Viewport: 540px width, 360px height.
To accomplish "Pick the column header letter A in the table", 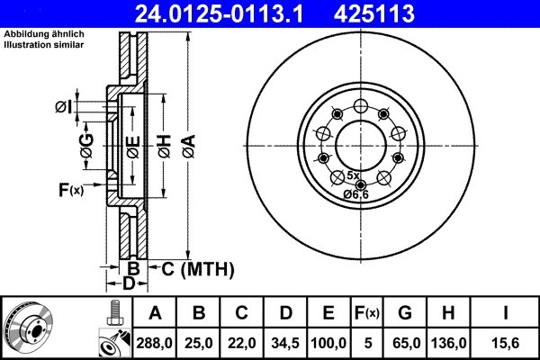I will point(154,313).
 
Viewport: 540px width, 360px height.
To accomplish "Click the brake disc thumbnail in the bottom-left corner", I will point(35,328).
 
